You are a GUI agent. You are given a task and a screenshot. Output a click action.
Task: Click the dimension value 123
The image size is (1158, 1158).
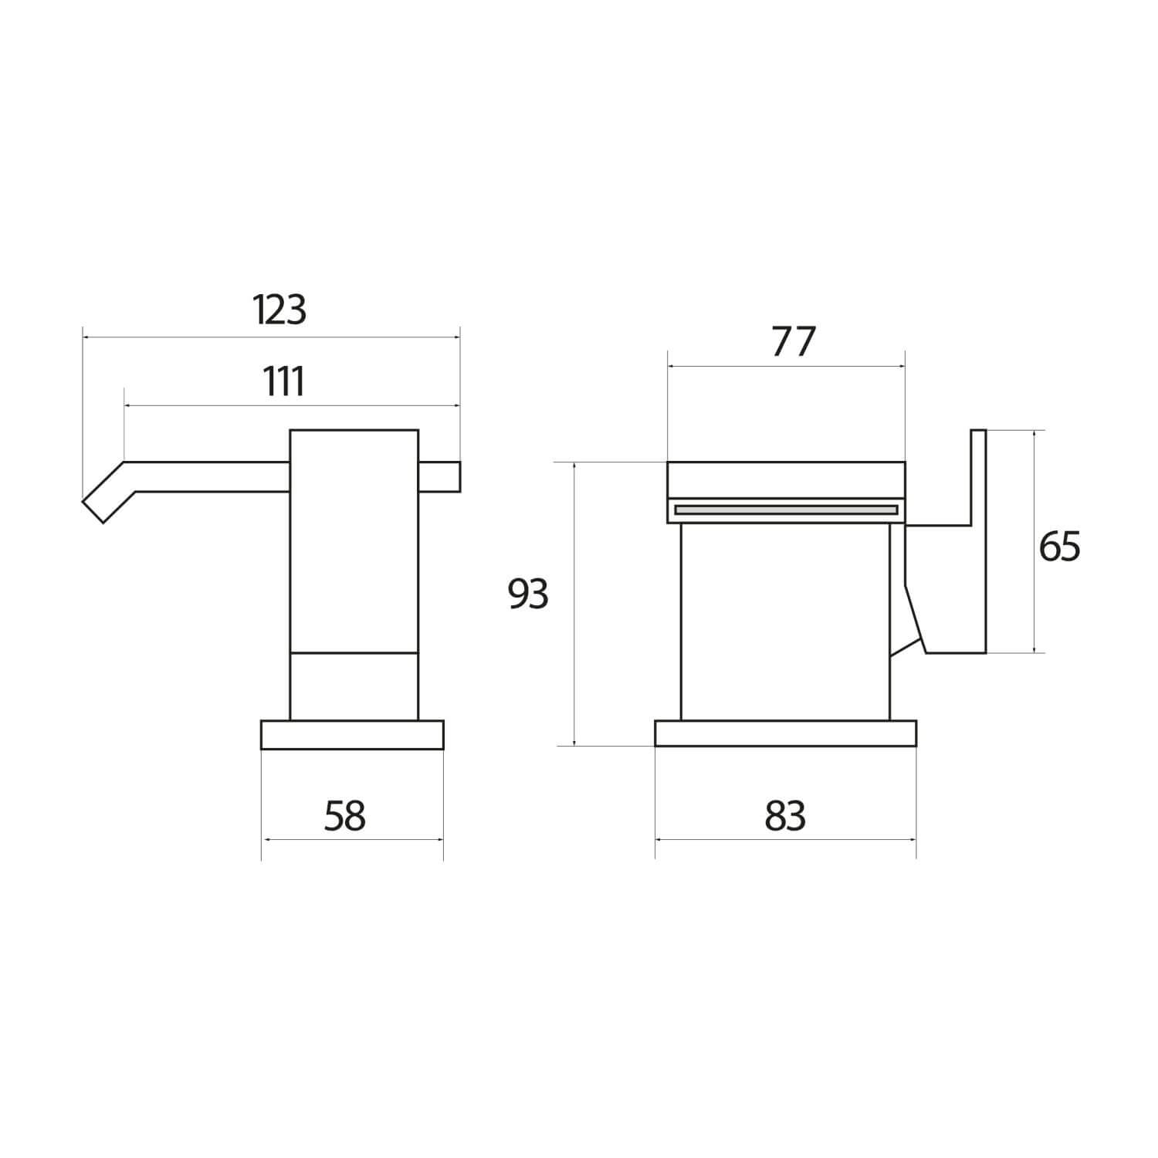click(279, 310)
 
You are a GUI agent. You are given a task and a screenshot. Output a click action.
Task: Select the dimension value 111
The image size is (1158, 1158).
click(284, 381)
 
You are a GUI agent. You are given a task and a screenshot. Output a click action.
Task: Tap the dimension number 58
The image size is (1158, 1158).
click(344, 816)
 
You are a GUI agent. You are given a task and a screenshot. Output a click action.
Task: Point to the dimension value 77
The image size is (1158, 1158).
click(794, 343)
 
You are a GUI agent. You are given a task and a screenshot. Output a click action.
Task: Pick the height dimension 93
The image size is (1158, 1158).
click(528, 594)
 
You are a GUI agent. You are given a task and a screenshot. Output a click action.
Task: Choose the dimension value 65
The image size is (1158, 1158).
click(1059, 547)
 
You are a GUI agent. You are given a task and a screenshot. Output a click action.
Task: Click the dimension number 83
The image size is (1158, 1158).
click(785, 816)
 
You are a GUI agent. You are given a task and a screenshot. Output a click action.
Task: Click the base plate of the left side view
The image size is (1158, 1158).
click(352, 734)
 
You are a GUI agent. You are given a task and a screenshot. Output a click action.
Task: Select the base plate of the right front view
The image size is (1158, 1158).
click(785, 733)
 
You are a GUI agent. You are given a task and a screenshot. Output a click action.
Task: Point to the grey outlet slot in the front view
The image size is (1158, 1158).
click(786, 510)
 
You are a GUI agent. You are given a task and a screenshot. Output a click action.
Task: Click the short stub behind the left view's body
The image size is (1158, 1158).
click(439, 476)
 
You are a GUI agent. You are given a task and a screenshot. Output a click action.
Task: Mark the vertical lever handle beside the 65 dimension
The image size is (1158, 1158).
click(977, 540)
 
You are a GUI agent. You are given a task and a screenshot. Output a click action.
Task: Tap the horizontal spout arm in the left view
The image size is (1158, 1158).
click(208, 476)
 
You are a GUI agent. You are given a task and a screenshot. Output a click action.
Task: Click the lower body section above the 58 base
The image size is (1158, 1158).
click(354, 686)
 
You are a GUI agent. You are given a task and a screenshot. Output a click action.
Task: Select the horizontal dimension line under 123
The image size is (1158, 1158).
click(270, 337)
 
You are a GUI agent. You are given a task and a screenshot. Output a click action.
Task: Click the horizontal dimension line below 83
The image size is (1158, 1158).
click(785, 839)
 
